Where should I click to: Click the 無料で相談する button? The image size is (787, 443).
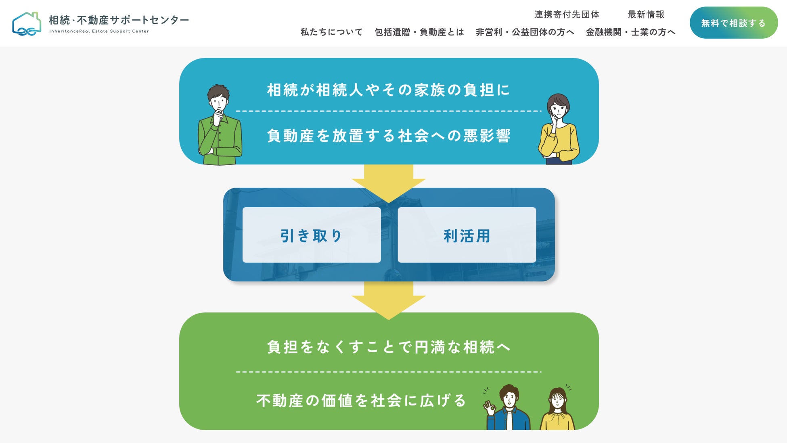click(x=733, y=23)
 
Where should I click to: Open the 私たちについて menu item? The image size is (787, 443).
click(x=331, y=32)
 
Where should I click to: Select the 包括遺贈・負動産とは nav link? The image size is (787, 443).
click(x=419, y=32)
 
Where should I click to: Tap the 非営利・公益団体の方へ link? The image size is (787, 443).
click(x=525, y=32)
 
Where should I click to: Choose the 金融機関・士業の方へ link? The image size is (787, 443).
click(x=630, y=32)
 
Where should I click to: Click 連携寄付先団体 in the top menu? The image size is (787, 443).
click(x=567, y=15)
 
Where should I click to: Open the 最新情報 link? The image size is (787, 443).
click(x=646, y=15)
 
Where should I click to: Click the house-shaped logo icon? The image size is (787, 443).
click(x=27, y=24)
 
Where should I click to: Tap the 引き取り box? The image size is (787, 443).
click(x=312, y=235)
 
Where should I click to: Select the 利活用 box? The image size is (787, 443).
click(x=467, y=235)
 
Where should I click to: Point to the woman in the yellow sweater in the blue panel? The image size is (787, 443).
click(x=559, y=131)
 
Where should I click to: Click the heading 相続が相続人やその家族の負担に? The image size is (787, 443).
click(x=389, y=90)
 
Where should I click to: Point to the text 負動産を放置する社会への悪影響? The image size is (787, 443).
click(x=389, y=136)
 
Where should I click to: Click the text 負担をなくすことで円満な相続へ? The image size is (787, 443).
click(x=389, y=347)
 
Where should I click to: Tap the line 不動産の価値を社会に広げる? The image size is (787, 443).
click(x=361, y=400)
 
